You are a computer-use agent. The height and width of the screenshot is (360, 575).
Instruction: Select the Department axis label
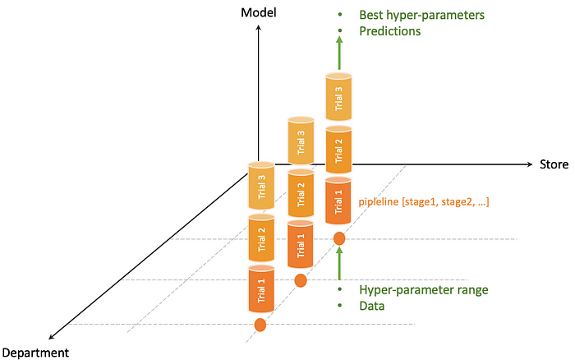point(35,353)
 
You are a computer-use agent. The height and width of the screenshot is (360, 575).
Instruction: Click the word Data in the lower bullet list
point(372,306)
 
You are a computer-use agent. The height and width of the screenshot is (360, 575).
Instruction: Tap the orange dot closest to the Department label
point(261,325)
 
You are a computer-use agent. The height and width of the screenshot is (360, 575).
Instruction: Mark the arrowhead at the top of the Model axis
point(259,28)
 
